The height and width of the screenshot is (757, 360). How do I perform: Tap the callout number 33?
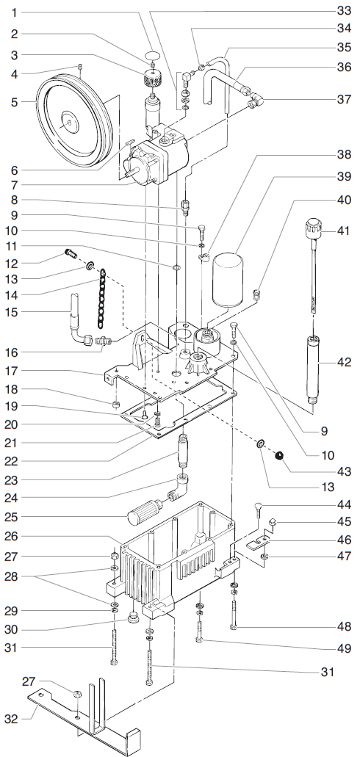coord(345,11)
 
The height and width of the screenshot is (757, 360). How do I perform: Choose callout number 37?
coord(345,98)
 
